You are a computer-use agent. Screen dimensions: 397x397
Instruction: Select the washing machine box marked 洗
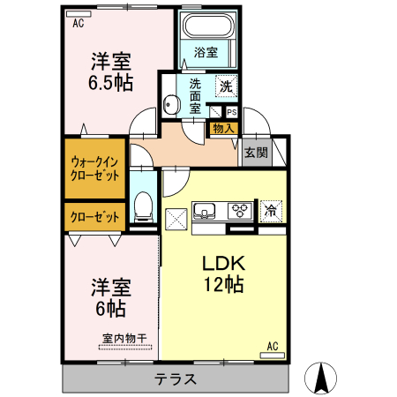[226, 86]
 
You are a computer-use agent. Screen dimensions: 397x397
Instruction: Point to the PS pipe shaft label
[231, 113]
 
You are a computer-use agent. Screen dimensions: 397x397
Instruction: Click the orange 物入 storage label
[223, 128]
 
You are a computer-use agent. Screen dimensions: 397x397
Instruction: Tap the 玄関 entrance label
[256, 151]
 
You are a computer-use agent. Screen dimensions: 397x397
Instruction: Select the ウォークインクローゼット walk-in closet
[94, 168]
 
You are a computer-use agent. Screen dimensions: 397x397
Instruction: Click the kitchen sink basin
[206, 211]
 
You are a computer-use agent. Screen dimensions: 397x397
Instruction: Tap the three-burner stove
[239, 211]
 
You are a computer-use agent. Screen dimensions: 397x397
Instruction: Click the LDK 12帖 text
[223, 273]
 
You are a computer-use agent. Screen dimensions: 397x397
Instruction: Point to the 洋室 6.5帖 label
[111, 71]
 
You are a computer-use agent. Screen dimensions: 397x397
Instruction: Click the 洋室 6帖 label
[111, 297]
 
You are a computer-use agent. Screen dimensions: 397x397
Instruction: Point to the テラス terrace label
[176, 379]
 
